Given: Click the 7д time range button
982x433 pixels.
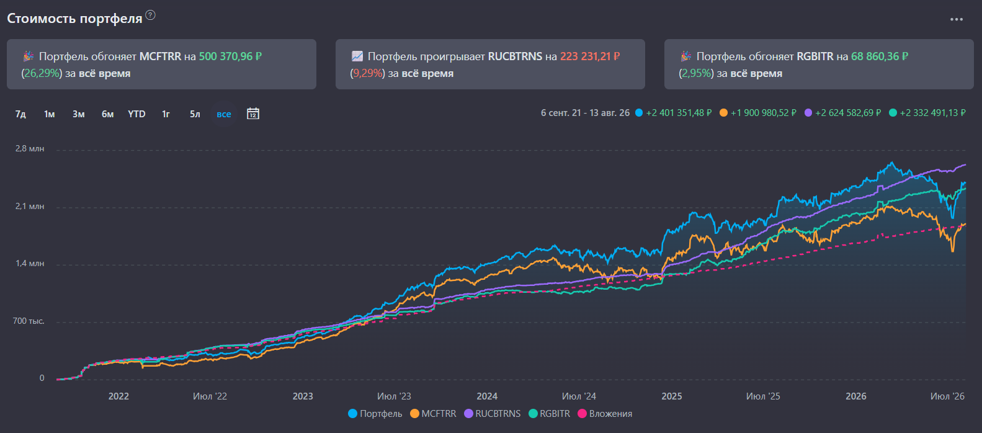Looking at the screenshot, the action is [x=20, y=114].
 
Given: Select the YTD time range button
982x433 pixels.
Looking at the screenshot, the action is [x=136, y=114].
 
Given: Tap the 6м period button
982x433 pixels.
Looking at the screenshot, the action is [x=107, y=114].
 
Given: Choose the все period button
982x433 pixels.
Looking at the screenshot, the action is [x=223, y=114].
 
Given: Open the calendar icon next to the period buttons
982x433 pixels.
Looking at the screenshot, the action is [x=253, y=114].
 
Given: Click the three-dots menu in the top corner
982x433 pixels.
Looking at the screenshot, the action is [x=956, y=19].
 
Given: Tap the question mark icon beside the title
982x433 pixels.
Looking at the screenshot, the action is [x=150, y=16].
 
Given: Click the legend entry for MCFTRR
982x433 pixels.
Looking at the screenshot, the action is [x=433, y=414].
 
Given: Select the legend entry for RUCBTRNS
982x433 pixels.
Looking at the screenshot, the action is [x=493, y=414].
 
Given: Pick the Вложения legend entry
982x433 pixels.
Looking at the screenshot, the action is [x=605, y=414].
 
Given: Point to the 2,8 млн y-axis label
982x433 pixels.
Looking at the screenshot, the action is [x=30, y=148].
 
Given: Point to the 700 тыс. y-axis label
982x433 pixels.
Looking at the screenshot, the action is [x=29, y=321].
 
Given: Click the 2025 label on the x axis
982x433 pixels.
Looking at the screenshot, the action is [x=672, y=396].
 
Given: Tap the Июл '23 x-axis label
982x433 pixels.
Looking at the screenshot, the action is [x=394, y=396].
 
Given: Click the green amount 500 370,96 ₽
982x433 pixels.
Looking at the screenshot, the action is [x=230, y=56].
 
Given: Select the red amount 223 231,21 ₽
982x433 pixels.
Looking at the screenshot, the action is [x=590, y=56].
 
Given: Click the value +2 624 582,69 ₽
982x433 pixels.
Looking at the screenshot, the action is [x=848, y=113].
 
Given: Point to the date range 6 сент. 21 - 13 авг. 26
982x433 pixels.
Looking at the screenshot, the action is [x=585, y=113].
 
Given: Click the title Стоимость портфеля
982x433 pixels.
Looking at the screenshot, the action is [x=74, y=19].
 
